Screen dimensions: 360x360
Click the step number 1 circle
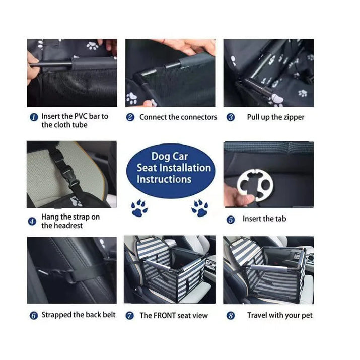(x=33, y=117)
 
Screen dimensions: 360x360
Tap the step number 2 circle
(x=130, y=117)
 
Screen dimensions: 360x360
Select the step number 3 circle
(x=231, y=117)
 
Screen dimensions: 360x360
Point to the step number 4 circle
(x=32, y=221)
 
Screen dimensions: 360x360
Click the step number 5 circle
(x=231, y=220)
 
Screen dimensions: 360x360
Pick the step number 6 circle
(x=33, y=316)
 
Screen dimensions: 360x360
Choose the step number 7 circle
(x=130, y=316)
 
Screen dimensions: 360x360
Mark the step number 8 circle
(x=231, y=316)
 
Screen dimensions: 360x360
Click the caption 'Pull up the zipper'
(x=275, y=117)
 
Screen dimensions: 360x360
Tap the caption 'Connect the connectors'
(x=178, y=117)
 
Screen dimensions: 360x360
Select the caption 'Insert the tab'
(x=265, y=219)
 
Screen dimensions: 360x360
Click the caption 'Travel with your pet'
(x=279, y=316)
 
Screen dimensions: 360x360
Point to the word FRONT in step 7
(x=165, y=316)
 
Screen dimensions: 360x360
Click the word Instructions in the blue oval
(x=164, y=179)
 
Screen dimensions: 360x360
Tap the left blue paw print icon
(x=139, y=207)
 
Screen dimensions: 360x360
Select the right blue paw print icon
(x=200, y=207)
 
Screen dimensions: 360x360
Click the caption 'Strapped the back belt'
(x=79, y=315)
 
